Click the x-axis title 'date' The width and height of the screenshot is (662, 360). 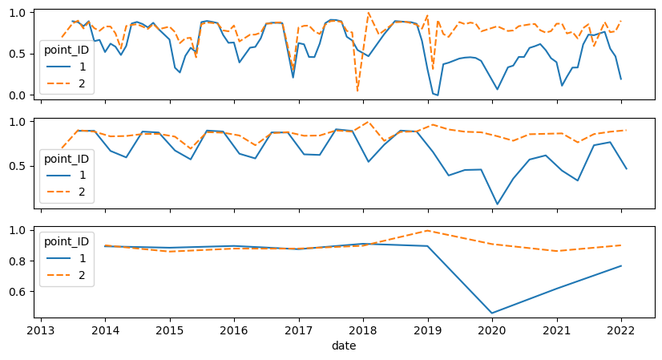point(343,346)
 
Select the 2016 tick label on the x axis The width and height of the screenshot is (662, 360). point(234,330)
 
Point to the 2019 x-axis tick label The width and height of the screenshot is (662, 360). point(428,330)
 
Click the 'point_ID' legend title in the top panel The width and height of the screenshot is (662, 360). point(67,52)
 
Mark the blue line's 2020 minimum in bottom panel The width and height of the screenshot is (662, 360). point(492,313)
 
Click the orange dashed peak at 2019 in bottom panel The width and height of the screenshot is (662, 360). point(428,231)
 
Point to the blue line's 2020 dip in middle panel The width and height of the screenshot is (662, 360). point(497,204)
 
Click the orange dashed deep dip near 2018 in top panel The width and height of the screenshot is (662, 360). point(357,91)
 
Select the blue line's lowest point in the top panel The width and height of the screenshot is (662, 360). point(437,95)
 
